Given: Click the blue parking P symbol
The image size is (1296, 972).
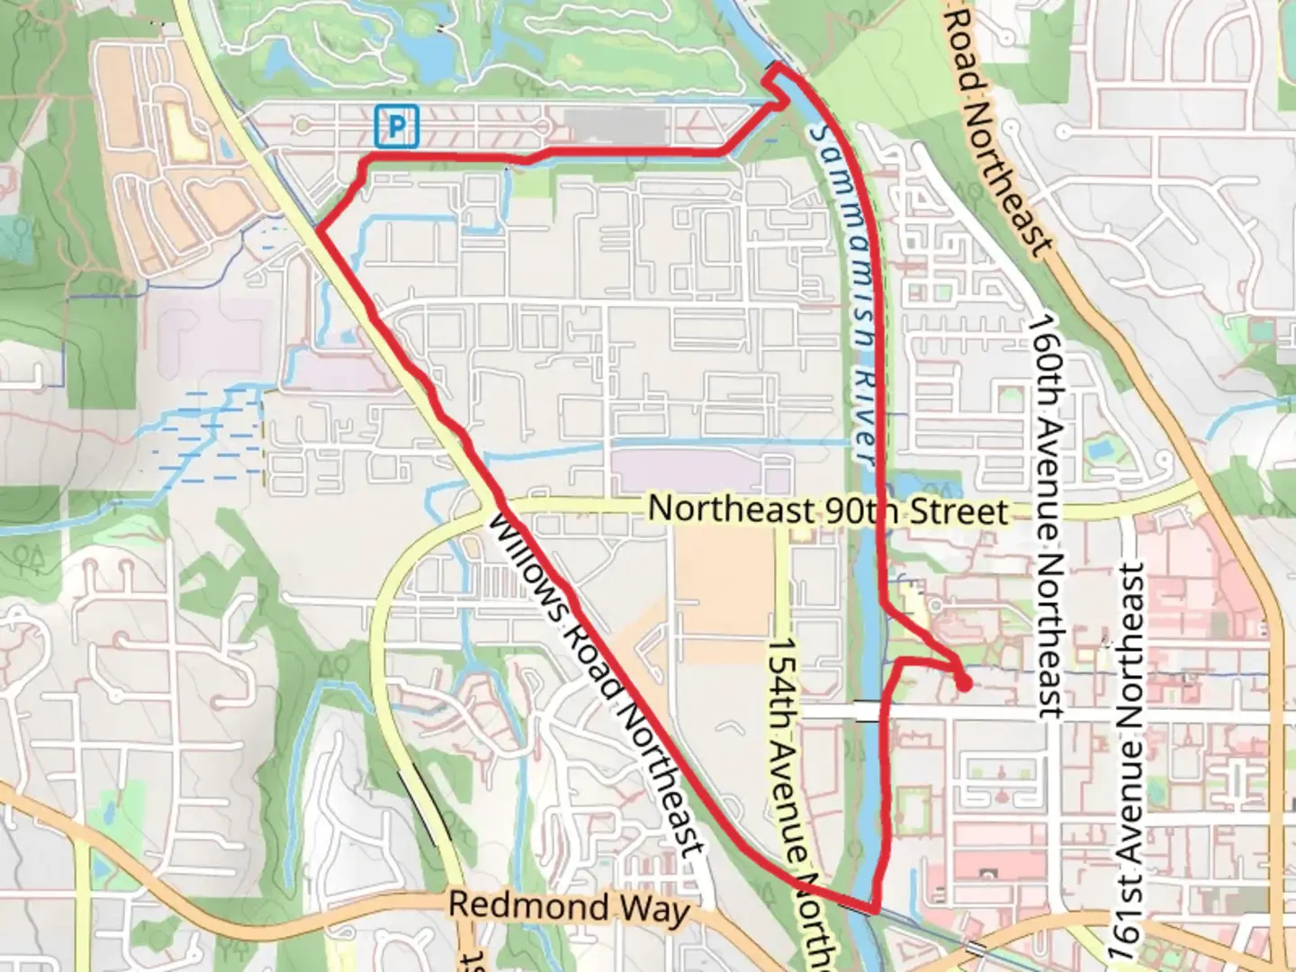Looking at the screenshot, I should [x=396, y=126].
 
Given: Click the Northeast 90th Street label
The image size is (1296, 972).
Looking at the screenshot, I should [x=827, y=510].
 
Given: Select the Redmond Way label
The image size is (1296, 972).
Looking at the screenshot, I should [x=568, y=907].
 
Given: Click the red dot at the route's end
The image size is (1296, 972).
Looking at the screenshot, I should [x=963, y=685].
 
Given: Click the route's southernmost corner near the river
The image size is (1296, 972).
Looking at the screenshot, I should [x=873, y=910].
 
